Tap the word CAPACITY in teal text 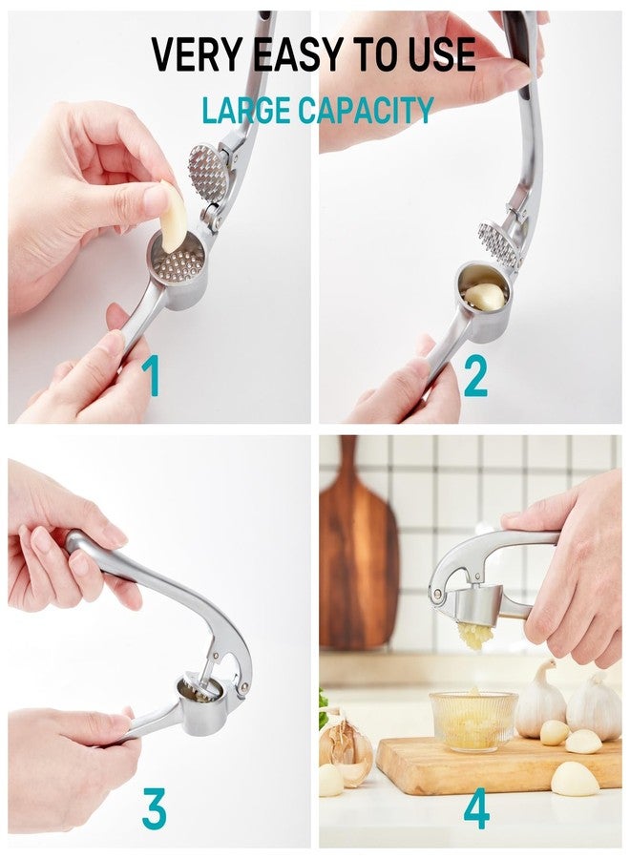pos(366,110)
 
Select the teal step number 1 pos(151,375)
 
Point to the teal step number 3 pos(154,808)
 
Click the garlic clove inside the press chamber pos(484,296)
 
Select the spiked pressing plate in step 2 pos(498,242)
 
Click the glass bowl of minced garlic pos(473,720)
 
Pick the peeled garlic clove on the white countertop pos(574,779)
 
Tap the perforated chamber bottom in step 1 pos(177,265)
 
